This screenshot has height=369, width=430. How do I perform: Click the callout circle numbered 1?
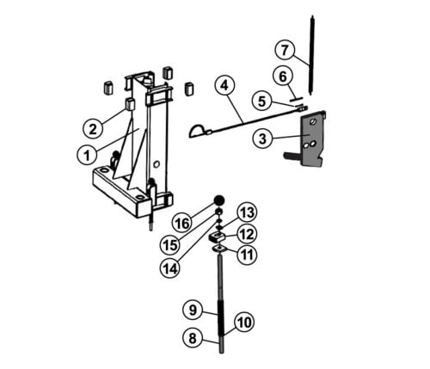tap(87, 155)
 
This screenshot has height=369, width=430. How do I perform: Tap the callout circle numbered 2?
tap(93, 129)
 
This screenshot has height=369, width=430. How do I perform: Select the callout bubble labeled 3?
tap(262, 138)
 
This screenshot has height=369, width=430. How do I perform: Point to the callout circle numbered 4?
tap(224, 85)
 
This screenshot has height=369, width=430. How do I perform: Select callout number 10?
tap(244, 323)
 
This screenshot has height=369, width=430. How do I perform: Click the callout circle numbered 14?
tap(170, 268)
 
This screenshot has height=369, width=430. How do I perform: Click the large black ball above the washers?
tap(219, 200)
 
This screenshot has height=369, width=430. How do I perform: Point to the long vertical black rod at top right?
tap(311, 54)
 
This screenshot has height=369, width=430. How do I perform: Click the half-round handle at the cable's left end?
tap(197, 131)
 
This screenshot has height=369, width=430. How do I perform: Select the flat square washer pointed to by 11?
tap(220, 249)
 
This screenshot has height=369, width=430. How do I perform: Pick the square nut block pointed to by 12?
tap(218, 237)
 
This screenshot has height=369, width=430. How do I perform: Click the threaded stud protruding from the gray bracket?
tap(292, 156)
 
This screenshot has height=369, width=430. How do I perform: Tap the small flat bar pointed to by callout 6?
tap(296, 99)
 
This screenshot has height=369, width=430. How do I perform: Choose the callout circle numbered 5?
tap(261, 101)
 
